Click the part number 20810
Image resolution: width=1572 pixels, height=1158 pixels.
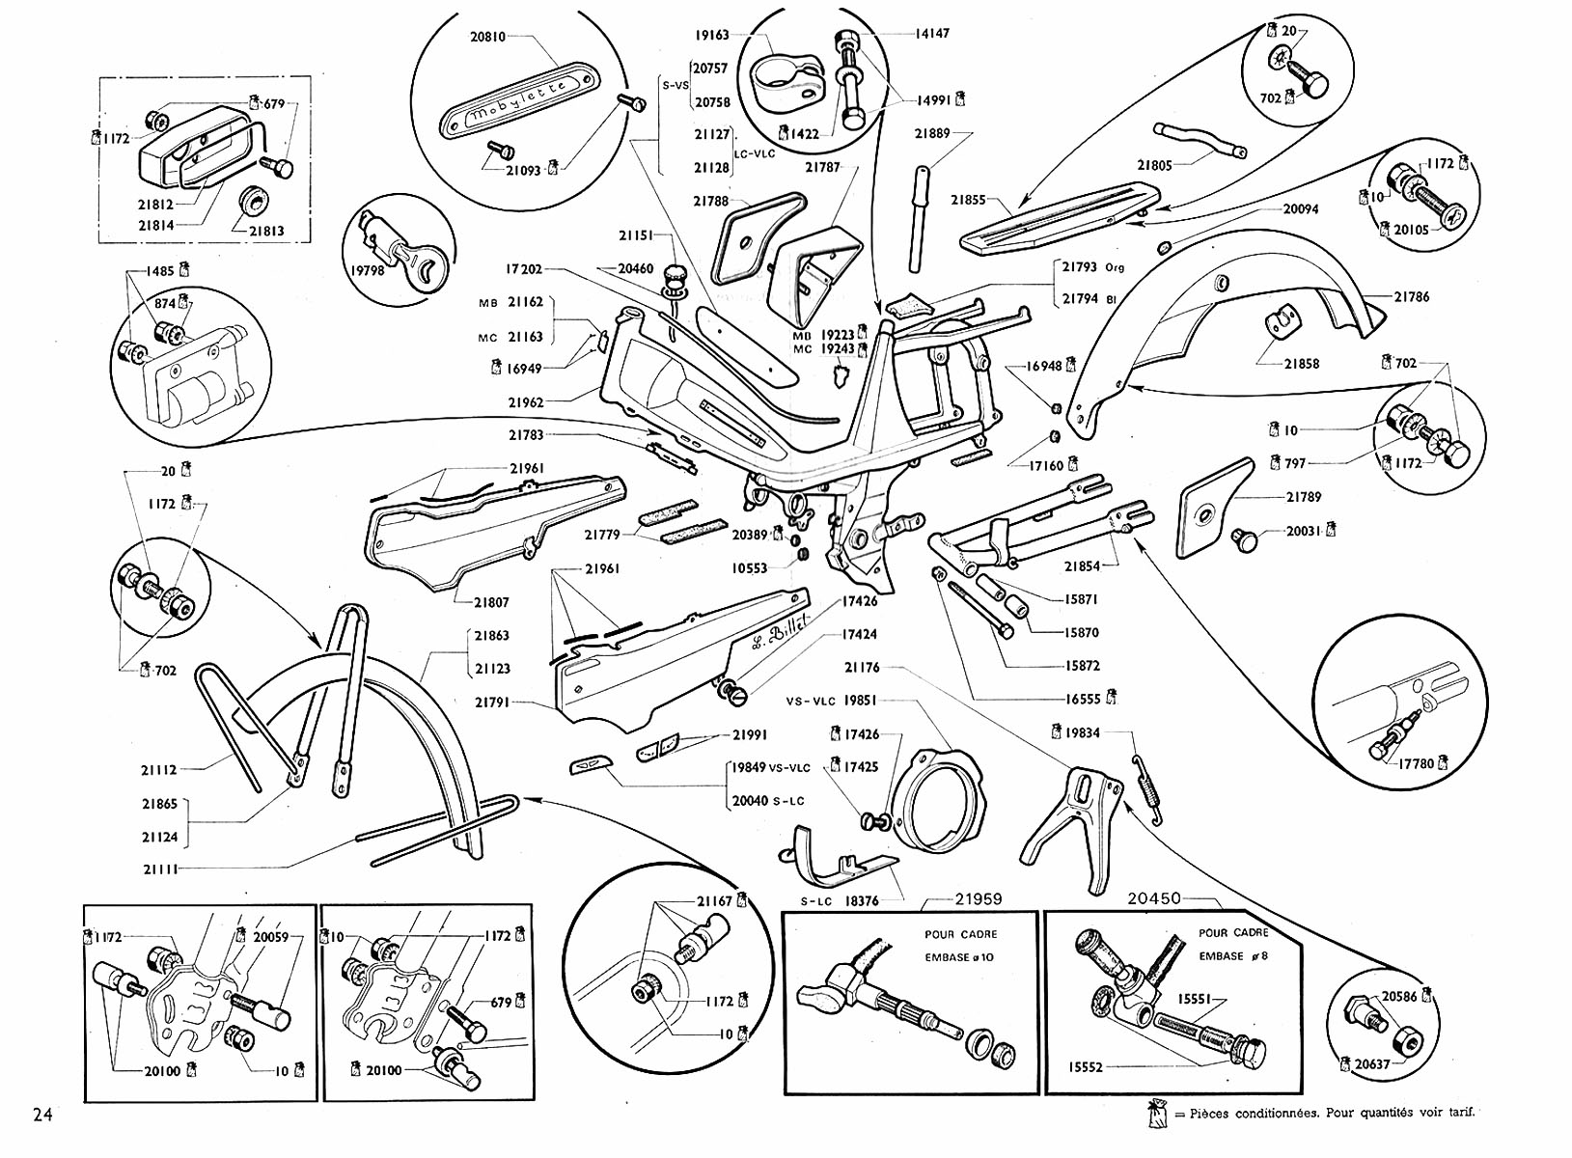pos(488,38)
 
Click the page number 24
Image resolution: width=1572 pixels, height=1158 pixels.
pos(42,1115)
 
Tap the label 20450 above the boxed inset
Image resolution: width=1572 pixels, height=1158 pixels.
pos(1154,897)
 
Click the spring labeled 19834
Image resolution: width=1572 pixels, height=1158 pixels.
pos(1145,782)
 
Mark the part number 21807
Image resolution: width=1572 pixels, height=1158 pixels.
pos(490,602)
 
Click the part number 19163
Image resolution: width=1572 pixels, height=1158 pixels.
pos(712,36)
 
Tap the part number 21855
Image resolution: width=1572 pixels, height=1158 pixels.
pos(968,200)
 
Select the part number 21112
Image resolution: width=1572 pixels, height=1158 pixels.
pos(159,769)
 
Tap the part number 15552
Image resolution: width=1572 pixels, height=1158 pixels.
pos(1086,1067)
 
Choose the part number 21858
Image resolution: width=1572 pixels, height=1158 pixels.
pos(1301,364)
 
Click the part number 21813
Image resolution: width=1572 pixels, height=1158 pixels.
pos(266,232)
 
